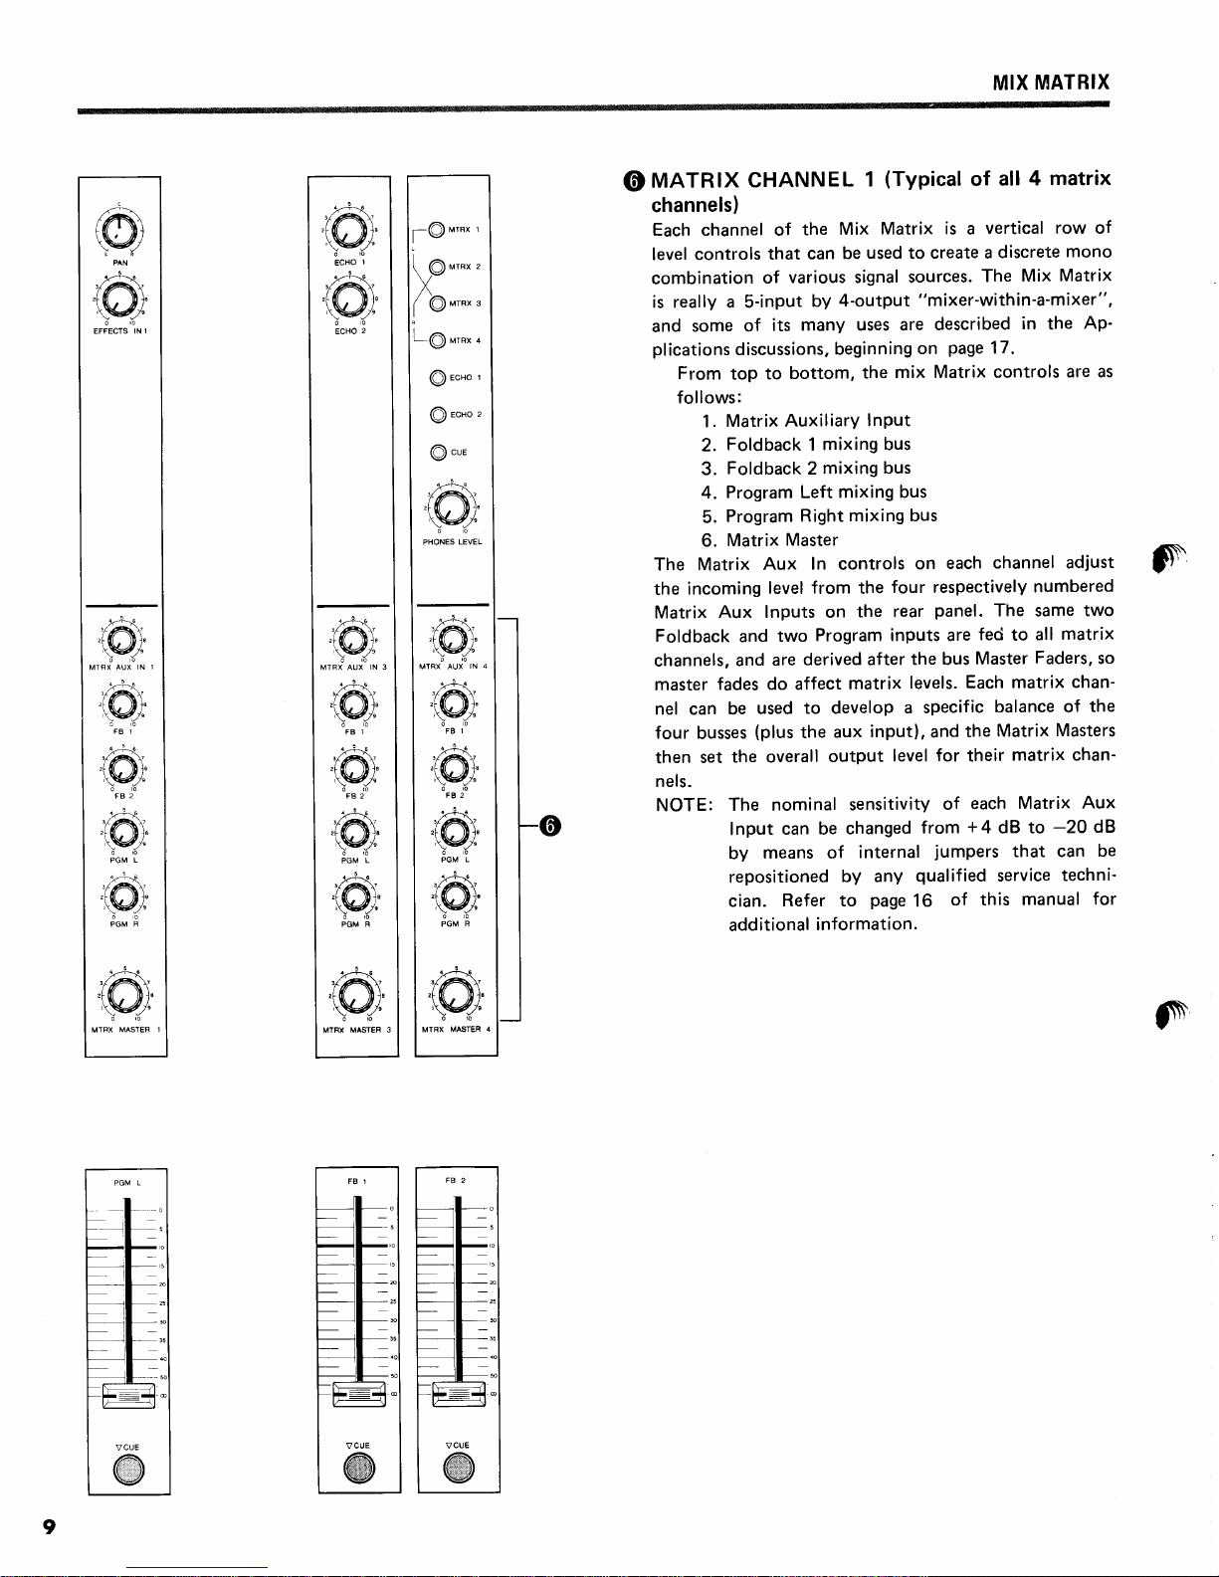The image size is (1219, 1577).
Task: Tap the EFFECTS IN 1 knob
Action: pyautogui.click(x=119, y=299)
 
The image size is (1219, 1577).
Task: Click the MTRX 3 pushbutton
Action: pyautogui.click(x=437, y=303)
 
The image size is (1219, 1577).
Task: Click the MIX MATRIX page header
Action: pyautogui.click(x=1050, y=83)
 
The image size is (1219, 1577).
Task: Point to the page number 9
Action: pyautogui.click(x=48, y=1529)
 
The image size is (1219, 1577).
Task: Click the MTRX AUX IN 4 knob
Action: pyautogui.click(x=453, y=640)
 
